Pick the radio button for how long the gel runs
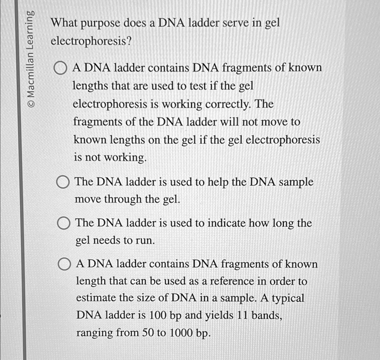tap(64, 224)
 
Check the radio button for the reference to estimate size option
tap(64, 265)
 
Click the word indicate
tap(223, 223)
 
